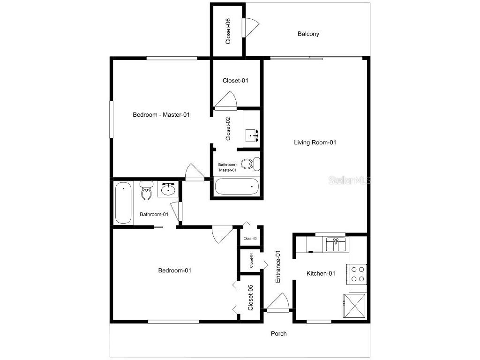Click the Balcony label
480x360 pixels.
(308, 34)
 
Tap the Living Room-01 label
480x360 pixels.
(315, 142)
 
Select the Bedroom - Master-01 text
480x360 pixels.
(161, 114)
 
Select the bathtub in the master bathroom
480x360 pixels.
(237, 187)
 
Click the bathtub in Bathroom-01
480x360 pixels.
(123, 203)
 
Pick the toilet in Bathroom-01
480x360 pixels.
(146, 191)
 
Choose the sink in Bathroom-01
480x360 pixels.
(168, 189)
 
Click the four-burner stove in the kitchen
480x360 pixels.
(358, 274)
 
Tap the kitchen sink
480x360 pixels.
(336, 244)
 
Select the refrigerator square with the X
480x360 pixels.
(355, 307)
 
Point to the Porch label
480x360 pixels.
(278, 334)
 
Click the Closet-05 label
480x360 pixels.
(250, 298)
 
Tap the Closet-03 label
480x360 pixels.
(250, 239)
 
